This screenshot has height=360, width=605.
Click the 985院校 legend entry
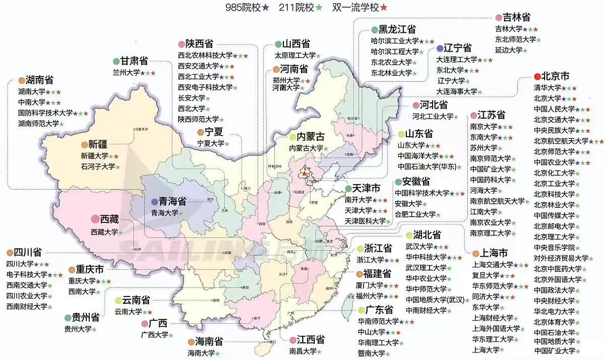tap(247, 8)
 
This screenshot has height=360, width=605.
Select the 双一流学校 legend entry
tap(359, 8)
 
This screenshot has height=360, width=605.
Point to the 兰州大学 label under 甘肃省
tap(126, 73)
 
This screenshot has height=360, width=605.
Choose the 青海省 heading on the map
tap(172, 201)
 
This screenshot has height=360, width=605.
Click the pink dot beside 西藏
tap(95, 219)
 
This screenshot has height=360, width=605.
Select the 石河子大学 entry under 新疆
tap(98, 166)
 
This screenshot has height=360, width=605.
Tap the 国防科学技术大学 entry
tap(45, 113)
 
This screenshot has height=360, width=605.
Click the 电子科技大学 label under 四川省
tap(27, 274)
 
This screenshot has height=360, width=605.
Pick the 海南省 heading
tap(209, 341)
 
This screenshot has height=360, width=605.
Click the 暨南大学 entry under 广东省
tap(371, 353)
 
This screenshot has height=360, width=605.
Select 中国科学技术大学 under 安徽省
tap(422, 193)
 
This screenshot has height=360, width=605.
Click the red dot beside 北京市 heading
tap(537, 76)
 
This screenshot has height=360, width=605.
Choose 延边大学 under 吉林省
tap(509, 50)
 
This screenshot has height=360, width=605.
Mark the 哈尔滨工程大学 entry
tap(395, 51)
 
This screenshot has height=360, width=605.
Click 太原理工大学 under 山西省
tap(295, 55)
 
